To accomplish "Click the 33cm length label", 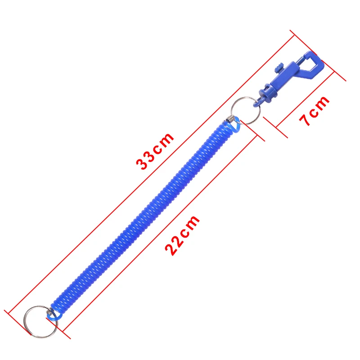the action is [155, 151].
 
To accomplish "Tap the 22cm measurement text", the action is [183, 235].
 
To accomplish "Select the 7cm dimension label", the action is [314, 111].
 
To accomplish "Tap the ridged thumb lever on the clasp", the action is [279, 68].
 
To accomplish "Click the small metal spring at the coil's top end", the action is [230, 119].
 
